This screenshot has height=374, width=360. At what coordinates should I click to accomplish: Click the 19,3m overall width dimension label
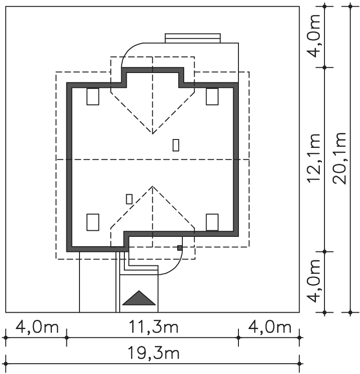(153, 353)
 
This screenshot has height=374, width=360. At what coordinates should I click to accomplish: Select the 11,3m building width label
(153, 327)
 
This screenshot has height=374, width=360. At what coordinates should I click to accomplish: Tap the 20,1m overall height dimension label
(340, 158)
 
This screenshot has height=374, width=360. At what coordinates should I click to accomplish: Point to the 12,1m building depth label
(314, 158)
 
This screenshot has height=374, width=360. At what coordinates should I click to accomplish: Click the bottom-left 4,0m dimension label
(37, 327)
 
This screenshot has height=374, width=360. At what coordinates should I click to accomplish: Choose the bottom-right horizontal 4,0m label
(270, 327)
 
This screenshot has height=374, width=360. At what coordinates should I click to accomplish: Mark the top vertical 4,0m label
(314, 36)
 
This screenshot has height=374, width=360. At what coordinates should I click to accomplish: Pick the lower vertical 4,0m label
(314, 281)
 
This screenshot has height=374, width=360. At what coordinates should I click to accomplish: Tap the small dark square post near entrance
(180, 248)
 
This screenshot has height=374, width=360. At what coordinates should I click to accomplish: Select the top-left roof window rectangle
(93, 96)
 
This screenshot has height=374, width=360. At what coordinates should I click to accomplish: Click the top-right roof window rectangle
(212, 96)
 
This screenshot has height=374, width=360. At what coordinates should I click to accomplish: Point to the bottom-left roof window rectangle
(93, 222)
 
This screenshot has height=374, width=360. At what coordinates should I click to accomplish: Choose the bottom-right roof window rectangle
(212, 222)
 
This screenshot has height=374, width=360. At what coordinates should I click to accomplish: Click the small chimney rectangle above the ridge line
(176, 145)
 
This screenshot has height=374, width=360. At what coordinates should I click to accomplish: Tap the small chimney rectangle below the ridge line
(129, 199)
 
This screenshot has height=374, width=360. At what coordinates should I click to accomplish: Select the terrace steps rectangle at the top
(193, 38)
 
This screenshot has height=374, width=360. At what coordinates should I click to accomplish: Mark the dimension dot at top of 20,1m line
(350, 6)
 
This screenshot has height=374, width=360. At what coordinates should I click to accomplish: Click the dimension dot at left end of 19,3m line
(6, 364)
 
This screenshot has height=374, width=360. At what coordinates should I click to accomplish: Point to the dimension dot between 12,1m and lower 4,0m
(324, 252)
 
